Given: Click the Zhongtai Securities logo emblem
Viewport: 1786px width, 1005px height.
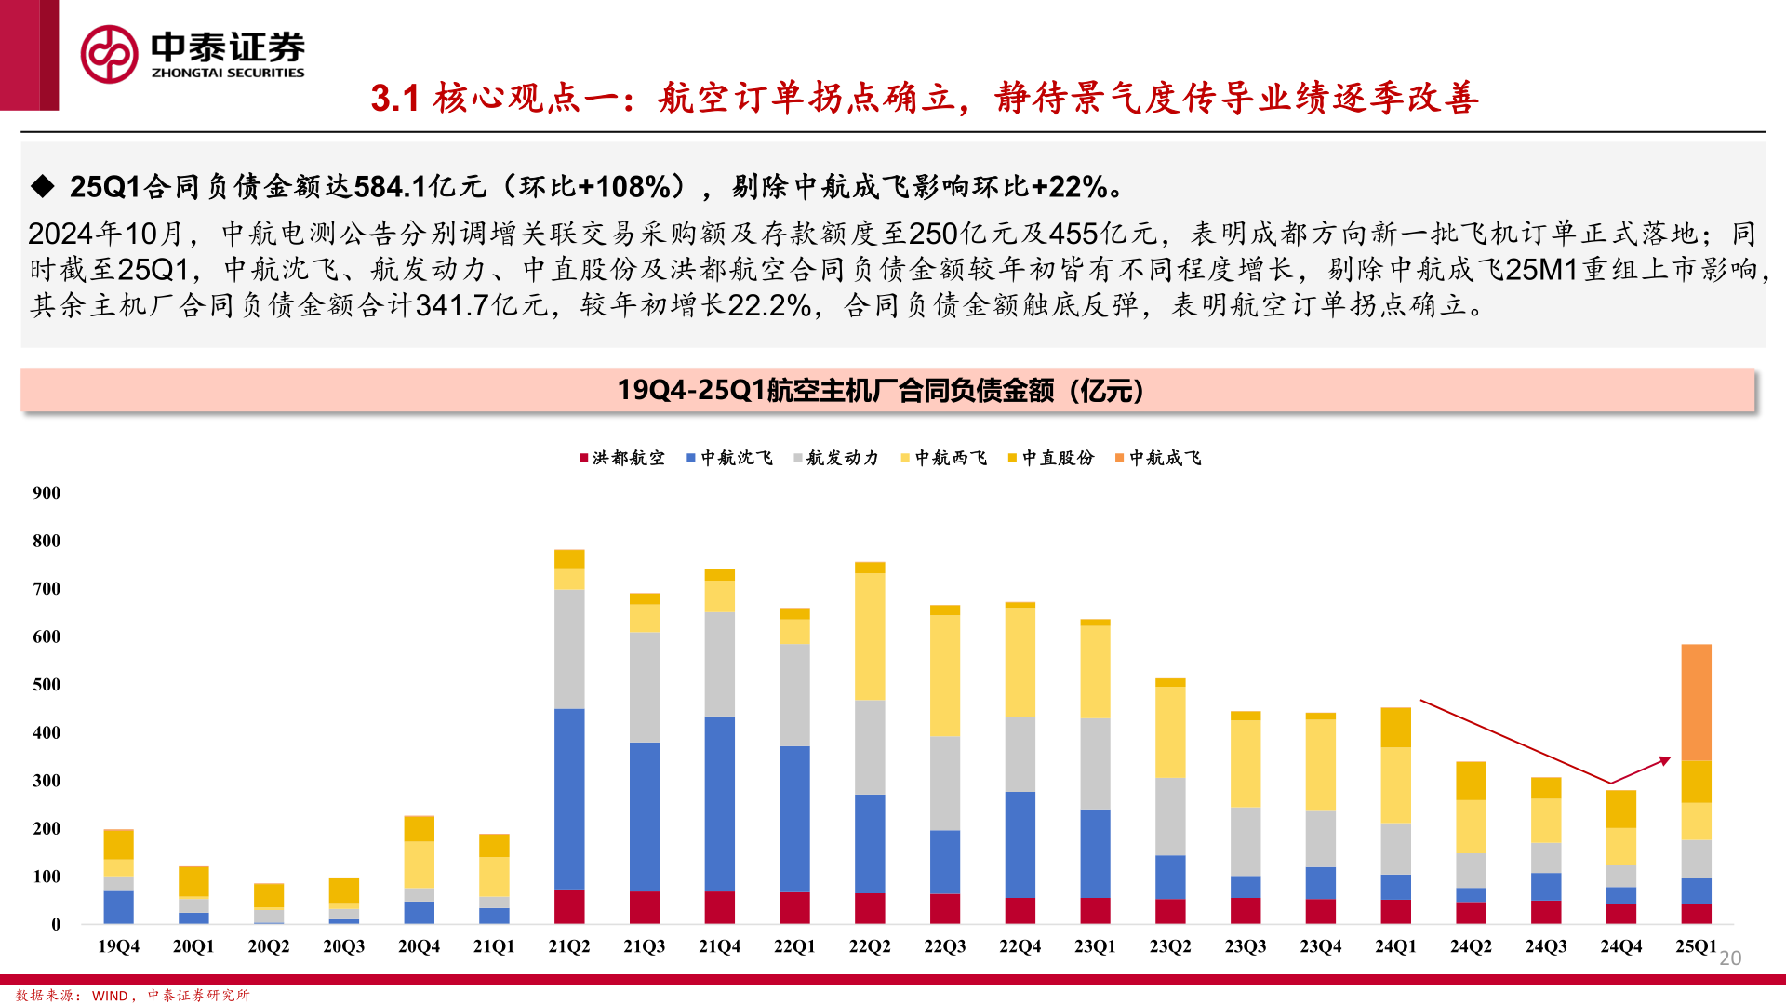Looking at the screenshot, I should pyautogui.click(x=109, y=54).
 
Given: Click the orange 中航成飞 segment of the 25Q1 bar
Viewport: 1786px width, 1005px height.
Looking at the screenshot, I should pyautogui.click(x=1696, y=702).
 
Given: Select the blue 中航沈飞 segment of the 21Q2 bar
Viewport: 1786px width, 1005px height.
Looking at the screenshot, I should pyautogui.click(x=569, y=798).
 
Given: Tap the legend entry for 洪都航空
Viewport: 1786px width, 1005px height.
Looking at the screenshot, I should pyautogui.click(x=621, y=458).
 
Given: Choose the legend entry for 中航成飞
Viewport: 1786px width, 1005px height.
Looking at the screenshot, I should pyautogui.click(x=1158, y=458).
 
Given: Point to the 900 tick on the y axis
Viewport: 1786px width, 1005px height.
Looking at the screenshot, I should pyautogui.click(x=47, y=493).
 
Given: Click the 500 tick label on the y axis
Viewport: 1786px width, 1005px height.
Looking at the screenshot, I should pyautogui.click(x=47, y=685).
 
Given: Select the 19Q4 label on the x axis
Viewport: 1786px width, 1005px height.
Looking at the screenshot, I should pyautogui.click(x=118, y=946).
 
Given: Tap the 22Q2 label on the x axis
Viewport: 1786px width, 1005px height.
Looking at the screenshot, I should pyautogui.click(x=870, y=946).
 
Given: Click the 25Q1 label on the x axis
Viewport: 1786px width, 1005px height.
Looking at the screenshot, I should pyautogui.click(x=1696, y=946).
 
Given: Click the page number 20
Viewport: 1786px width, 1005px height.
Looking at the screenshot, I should pyautogui.click(x=1730, y=958).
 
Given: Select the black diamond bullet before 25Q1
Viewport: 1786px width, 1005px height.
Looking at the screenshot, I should pyautogui.click(x=43, y=186).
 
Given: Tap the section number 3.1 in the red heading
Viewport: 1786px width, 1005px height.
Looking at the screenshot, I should pyautogui.click(x=395, y=98).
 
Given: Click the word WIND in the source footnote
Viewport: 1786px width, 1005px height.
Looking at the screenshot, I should pyautogui.click(x=110, y=996).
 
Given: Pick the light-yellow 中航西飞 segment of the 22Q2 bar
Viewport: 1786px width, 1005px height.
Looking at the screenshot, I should pyautogui.click(x=870, y=636).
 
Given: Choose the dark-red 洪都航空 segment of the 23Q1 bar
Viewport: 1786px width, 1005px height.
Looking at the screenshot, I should pyautogui.click(x=1095, y=910).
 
